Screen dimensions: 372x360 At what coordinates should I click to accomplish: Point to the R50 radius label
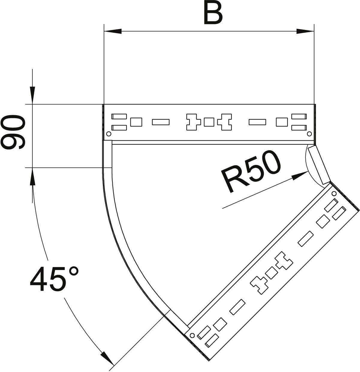click(x=251, y=172)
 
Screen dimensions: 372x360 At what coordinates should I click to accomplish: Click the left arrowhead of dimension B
click(x=113, y=31)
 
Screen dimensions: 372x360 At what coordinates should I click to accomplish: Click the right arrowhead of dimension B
click(x=305, y=31)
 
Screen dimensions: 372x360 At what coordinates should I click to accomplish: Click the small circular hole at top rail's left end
click(x=109, y=133)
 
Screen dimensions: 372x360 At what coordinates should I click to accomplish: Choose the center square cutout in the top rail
click(x=209, y=122)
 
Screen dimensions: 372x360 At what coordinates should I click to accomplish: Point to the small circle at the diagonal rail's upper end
click(x=334, y=193)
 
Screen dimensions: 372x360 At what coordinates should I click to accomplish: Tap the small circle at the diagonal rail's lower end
click(x=192, y=335)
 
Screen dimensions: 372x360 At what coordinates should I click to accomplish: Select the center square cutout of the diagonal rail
click(x=272, y=273)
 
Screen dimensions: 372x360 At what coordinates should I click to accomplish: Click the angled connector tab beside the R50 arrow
click(x=318, y=164)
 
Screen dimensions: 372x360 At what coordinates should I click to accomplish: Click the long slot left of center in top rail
click(x=161, y=122)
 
